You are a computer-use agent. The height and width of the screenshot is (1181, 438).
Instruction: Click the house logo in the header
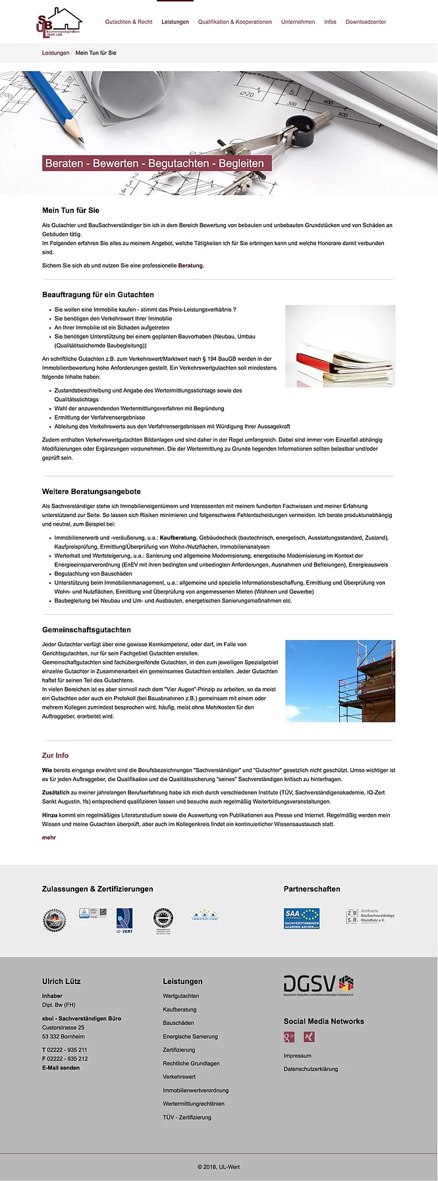pos(59,22)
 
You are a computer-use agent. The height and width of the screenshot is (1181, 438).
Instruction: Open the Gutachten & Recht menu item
pos(128,22)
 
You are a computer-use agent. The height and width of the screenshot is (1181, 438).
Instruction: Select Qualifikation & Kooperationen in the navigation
pos(234,22)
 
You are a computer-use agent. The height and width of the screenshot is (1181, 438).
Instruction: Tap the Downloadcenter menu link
pos(366,22)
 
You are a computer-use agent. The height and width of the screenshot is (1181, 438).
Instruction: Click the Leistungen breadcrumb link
pos(55,53)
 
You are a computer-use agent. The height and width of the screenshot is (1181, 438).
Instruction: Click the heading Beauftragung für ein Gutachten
pos(98,294)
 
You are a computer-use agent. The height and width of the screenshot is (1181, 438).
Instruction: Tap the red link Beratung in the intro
pos(191,265)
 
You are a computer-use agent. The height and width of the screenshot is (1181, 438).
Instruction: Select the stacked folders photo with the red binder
pos(340,346)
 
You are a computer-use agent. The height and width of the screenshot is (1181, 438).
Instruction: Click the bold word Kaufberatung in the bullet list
pos(178,538)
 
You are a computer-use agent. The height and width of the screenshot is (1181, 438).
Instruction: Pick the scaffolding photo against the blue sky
pos(340,681)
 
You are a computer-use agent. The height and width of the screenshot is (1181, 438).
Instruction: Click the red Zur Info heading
pos(55,755)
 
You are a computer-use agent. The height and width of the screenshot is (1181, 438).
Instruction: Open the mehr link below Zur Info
pos(49,838)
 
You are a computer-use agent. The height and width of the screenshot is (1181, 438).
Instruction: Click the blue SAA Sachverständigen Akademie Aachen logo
pos(302,918)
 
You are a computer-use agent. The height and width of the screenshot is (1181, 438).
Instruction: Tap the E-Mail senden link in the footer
pos(61,1068)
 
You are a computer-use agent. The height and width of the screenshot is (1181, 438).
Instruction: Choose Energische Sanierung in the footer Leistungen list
pos(190,1036)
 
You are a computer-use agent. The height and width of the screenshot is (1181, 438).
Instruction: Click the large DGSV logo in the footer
pos(319,985)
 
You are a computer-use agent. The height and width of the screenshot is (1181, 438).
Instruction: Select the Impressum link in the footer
pos(297,1056)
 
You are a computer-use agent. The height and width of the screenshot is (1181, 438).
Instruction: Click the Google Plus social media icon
pos(288,1037)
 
